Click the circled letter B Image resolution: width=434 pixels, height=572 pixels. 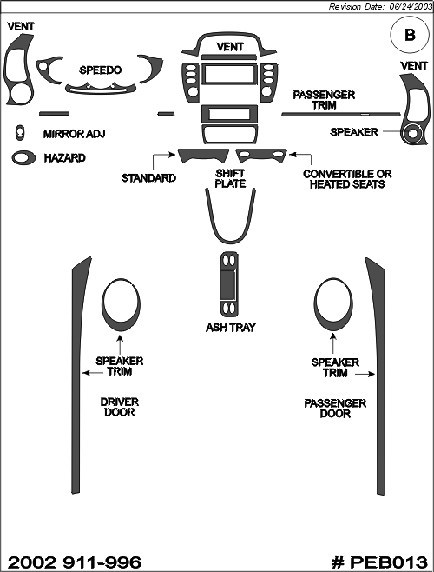click(410, 35)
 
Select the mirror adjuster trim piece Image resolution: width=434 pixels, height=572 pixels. click(20, 132)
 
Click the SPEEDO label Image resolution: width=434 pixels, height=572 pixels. click(100, 70)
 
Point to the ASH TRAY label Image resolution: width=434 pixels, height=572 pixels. click(231, 328)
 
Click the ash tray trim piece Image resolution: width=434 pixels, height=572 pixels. click(229, 284)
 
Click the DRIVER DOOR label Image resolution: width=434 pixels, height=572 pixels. click(119, 407)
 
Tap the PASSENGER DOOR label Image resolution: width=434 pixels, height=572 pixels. click(335, 409)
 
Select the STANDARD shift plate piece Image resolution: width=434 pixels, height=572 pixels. click(203, 156)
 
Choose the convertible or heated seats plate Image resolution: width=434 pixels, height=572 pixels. click(261, 156)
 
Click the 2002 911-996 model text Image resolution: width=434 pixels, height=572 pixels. click(75, 562)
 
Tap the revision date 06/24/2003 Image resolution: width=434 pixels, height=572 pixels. click(409, 7)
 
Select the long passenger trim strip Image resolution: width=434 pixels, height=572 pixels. click(341, 114)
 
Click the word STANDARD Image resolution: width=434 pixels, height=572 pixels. click(148, 178)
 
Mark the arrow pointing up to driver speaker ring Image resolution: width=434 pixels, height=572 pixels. click(120, 344)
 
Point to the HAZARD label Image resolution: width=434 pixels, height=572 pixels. click(64, 158)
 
